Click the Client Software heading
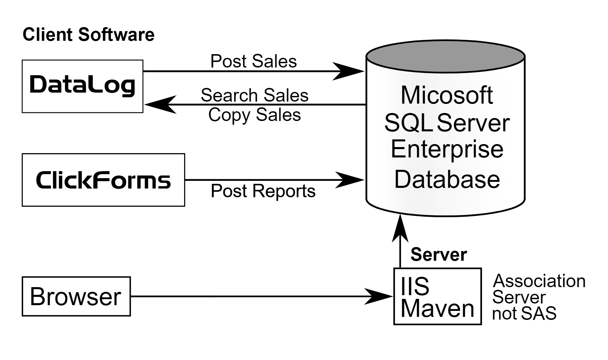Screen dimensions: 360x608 tap(88, 35)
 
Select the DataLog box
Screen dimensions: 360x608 tap(82, 86)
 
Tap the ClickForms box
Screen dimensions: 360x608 tap(103, 180)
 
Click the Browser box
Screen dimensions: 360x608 tap(76, 296)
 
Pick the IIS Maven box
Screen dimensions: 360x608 tap(437, 296)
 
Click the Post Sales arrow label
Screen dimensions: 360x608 tap(253, 61)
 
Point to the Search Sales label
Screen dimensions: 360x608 tap(254, 95)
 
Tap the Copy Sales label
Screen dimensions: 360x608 tap(254, 115)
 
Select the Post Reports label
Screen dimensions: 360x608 tap(263, 191)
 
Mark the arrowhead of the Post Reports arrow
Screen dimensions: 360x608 tap(349, 180)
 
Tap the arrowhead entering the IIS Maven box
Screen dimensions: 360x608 tap(378, 296)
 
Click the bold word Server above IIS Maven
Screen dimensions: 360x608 tap(438, 254)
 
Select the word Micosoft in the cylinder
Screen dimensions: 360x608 tap(447, 95)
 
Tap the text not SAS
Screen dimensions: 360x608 tap(524, 314)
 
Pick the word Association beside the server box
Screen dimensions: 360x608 tap(539, 281)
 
